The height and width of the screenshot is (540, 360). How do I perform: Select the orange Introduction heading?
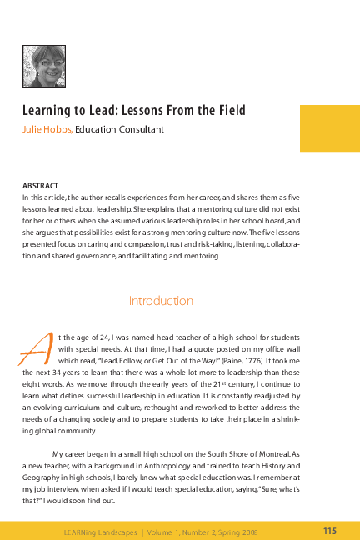(x=162, y=300)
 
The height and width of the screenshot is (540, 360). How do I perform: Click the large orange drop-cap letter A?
(x=31, y=346)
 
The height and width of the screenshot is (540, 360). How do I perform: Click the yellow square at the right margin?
(x=330, y=127)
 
